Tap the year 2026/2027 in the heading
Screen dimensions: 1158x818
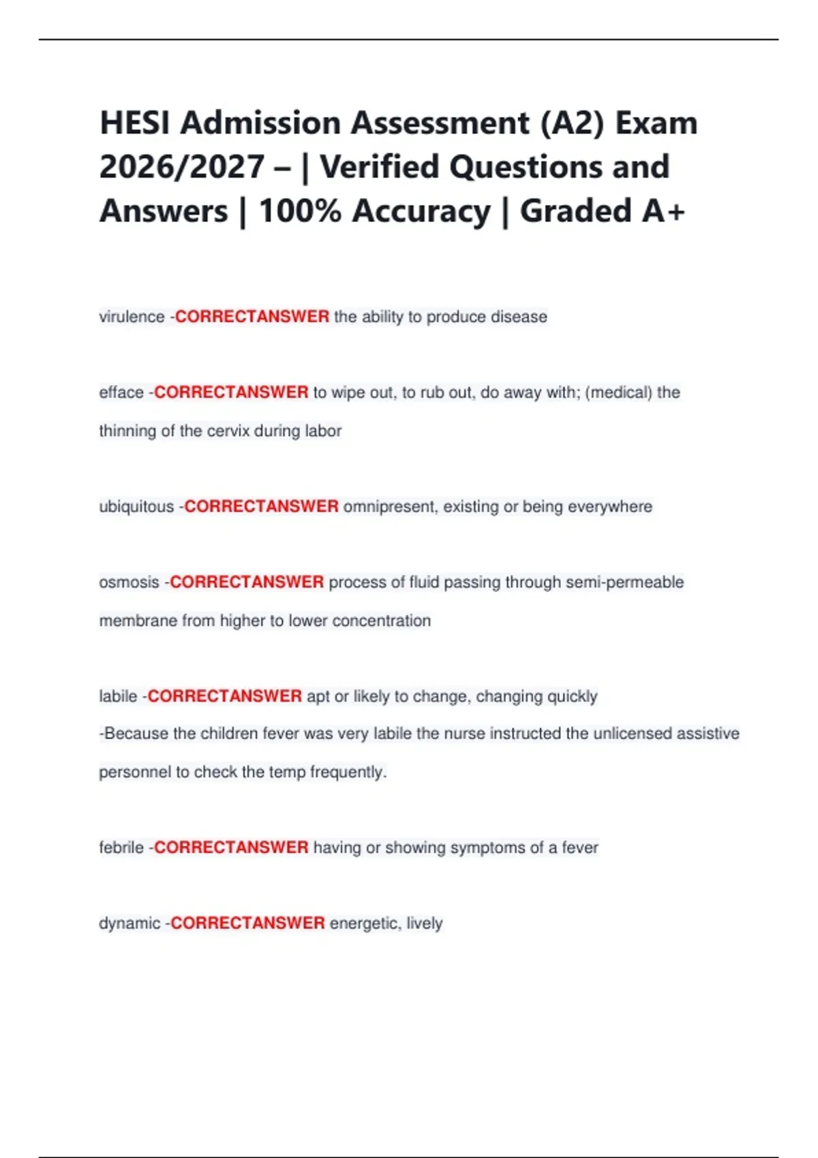coord(182,167)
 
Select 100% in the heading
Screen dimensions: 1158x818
coord(300,210)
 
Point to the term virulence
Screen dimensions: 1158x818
coord(132,317)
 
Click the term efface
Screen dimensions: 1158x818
coord(121,392)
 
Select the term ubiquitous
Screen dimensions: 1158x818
coord(136,507)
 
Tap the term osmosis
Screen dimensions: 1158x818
coord(129,582)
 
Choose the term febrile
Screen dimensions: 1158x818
coord(121,847)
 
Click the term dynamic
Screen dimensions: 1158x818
coord(130,923)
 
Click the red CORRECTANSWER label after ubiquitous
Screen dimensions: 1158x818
coord(262,507)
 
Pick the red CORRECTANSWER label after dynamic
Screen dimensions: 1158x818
coord(247,923)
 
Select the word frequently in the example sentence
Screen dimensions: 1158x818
coord(348,772)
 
